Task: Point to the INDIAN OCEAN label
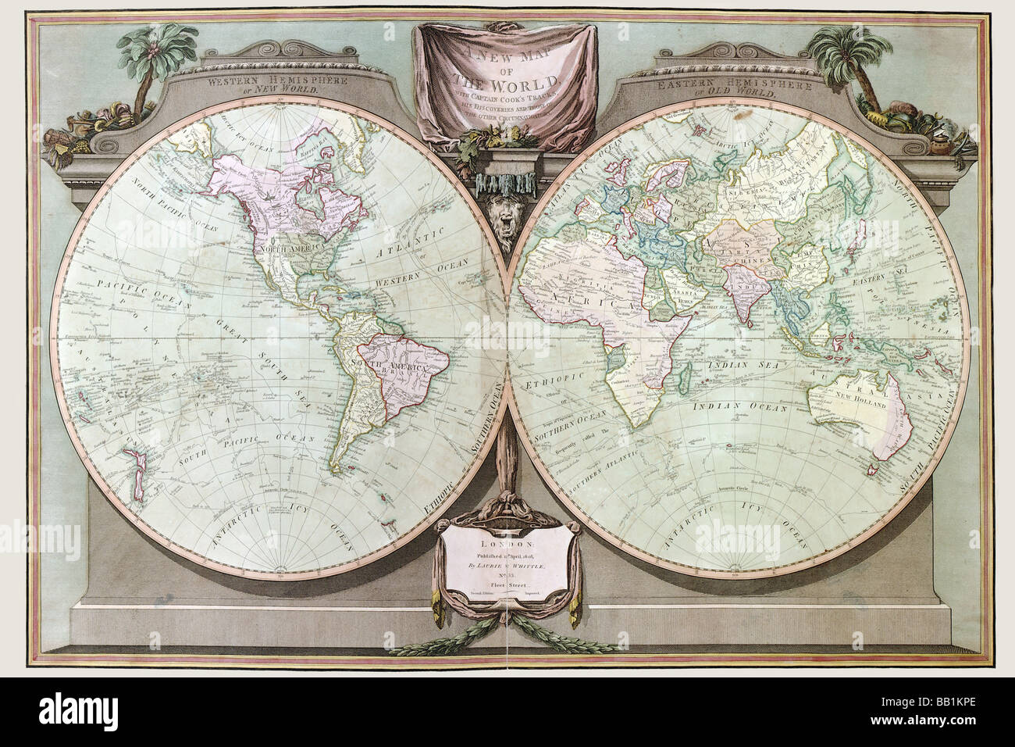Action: click(x=743, y=406)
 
